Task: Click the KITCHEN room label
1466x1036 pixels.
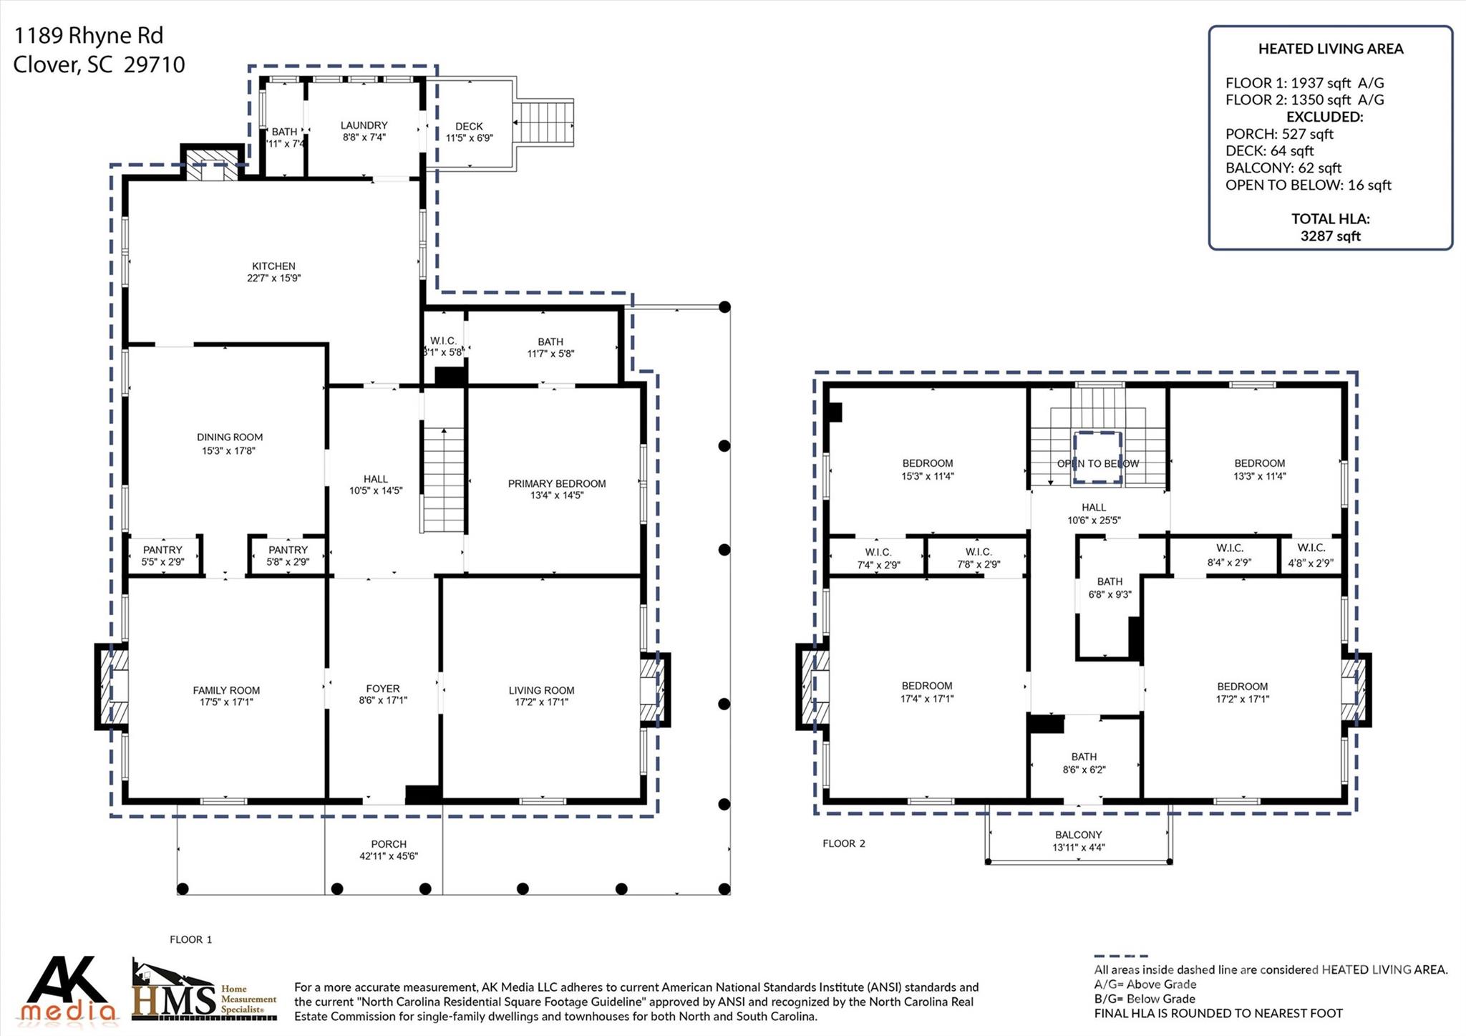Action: [273, 266]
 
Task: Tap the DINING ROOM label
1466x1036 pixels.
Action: [230, 437]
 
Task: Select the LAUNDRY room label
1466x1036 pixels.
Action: [364, 125]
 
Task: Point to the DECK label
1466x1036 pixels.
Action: [469, 127]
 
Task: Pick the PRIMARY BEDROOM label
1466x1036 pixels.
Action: [557, 484]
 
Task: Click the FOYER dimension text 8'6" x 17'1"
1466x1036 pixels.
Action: [383, 701]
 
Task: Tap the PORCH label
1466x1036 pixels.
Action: [389, 844]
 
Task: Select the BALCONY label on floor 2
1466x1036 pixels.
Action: [1078, 835]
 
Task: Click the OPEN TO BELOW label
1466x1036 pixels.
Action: [1098, 464]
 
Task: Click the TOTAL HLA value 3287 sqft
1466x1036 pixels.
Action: [1330, 236]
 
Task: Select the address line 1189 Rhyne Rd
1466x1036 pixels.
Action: [89, 36]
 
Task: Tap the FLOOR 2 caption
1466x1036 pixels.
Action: [844, 843]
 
